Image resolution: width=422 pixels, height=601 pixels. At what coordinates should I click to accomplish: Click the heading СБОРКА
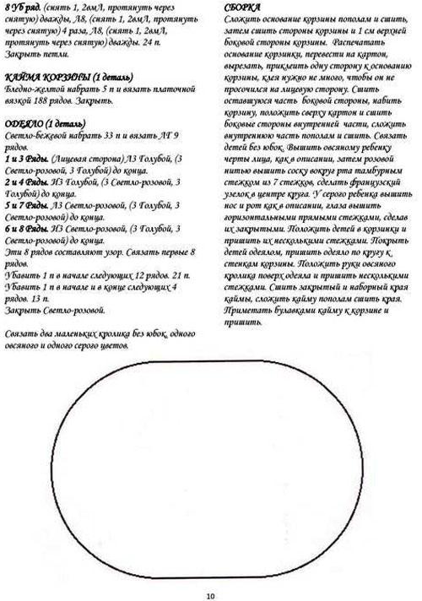[242, 7]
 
